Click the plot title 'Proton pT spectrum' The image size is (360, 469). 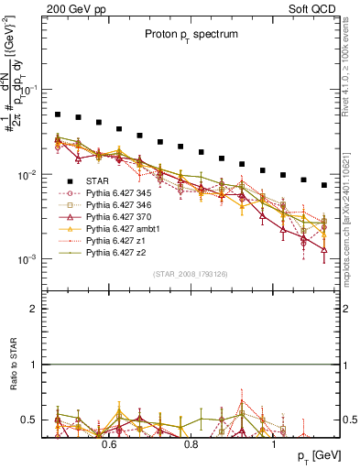191,34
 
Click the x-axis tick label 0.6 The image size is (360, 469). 109,445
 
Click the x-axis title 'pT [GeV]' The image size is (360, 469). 319,456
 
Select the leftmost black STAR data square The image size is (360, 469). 57,115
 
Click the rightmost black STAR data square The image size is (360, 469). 323,185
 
